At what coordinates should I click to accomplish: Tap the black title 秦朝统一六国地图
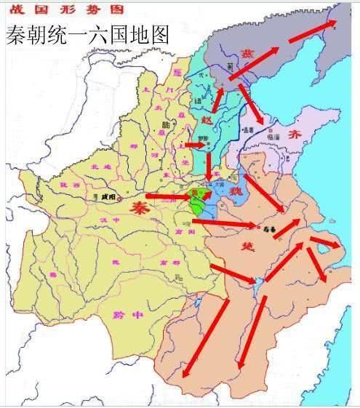tap(87, 33)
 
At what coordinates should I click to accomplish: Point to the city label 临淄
tap(274, 135)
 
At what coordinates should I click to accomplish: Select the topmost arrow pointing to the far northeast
tap(313, 31)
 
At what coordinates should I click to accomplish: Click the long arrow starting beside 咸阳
tap(168, 196)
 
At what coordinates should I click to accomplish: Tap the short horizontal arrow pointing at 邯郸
tap(194, 145)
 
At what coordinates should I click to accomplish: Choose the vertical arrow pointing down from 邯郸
tap(209, 166)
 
